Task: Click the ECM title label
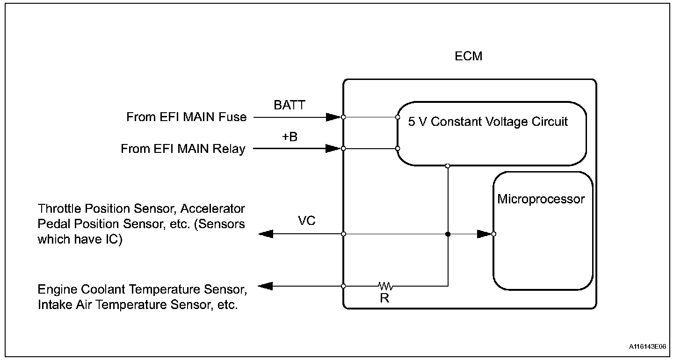point(469,56)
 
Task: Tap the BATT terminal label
point(290,105)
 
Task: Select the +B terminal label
point(290,137)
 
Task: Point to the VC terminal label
point(307,221)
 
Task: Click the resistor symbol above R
point(385,286)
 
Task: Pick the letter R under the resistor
point(384,298)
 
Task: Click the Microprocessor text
point(541,199)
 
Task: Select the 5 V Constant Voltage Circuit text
point(488,122)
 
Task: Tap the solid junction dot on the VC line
point(448,234)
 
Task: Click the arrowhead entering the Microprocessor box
point(485,234)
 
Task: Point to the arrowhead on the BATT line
point(333,117)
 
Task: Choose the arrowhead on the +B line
point(333,149)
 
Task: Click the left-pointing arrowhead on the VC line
point(266,234)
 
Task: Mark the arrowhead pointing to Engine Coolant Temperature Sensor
point(265,286)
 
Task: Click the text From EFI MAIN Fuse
point(186,117)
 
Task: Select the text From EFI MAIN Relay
point(183,149)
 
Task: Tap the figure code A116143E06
point(647,346)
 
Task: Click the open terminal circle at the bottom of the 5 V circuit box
point(448,166)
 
